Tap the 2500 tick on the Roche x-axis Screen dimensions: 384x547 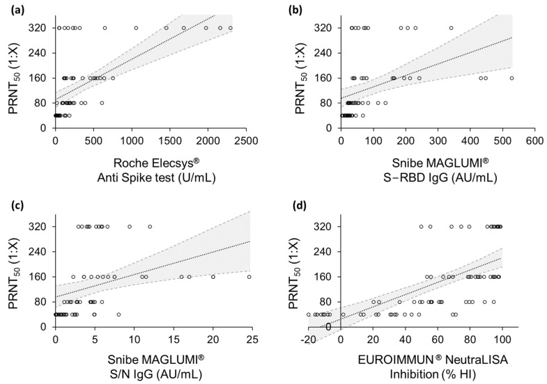(245, 141)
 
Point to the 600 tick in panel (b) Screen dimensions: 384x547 (534, 141)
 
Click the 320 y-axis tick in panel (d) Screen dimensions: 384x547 (324, 227)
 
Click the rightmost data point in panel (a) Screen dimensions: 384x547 (231, 28)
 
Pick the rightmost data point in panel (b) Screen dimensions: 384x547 (512, 78)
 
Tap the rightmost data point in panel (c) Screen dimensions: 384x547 (249, 276)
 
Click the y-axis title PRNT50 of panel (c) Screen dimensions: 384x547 (15, 275)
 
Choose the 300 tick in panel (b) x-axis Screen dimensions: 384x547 (438, 141)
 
